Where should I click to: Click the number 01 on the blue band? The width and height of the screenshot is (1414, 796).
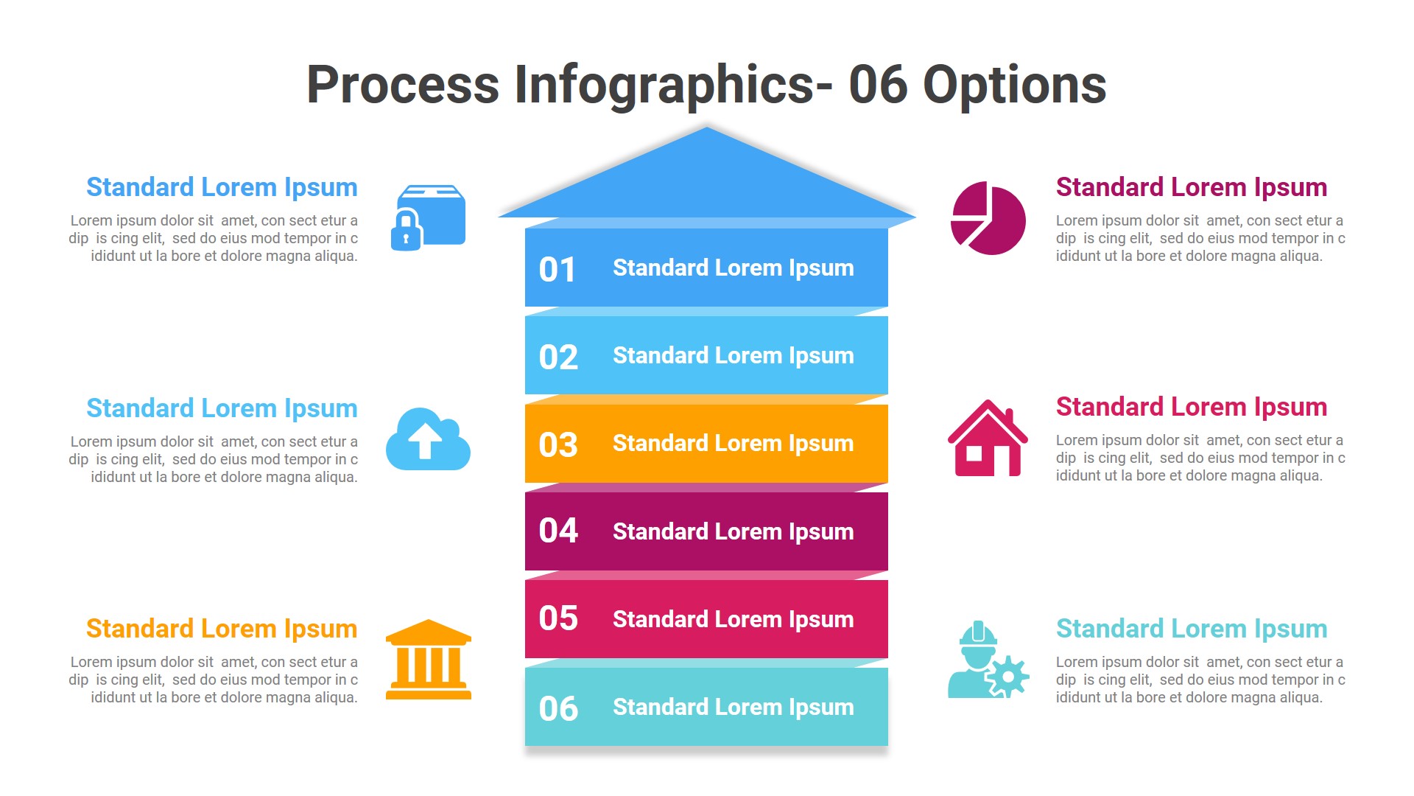[x=557, y=270]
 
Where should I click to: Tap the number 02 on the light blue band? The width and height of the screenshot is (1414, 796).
[x=558, y=357]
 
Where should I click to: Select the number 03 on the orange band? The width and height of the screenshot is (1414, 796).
[x=558, y=445]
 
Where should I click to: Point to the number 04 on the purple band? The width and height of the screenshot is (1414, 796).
[x=558, y=531]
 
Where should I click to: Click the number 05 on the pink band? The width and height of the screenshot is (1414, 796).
[x=558, y=618]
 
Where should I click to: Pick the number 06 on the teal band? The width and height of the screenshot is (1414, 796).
[x=558, y=709]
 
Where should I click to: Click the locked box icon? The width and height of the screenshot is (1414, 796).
[x=429, y=217]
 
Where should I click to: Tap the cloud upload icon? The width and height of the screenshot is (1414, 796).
[x=428, y=440]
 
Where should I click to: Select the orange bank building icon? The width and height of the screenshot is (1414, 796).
[x=429, y=660]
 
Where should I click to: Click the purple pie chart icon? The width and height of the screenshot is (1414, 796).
[x=988, y=219]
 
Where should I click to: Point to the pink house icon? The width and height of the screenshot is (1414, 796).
[x=987, y=439]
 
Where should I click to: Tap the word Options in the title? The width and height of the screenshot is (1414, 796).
[x=1014, y=85]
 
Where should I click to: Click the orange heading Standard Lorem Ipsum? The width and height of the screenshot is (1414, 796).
[x=222, y=629]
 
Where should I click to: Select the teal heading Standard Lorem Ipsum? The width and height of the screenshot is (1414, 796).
[x=1191, y=629]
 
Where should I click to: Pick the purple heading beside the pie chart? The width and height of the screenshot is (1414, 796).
[x=1191, y=187]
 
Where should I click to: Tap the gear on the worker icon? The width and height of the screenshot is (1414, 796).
[x=1007, y=676]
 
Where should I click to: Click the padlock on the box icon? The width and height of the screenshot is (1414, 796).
[x=406, y=231]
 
